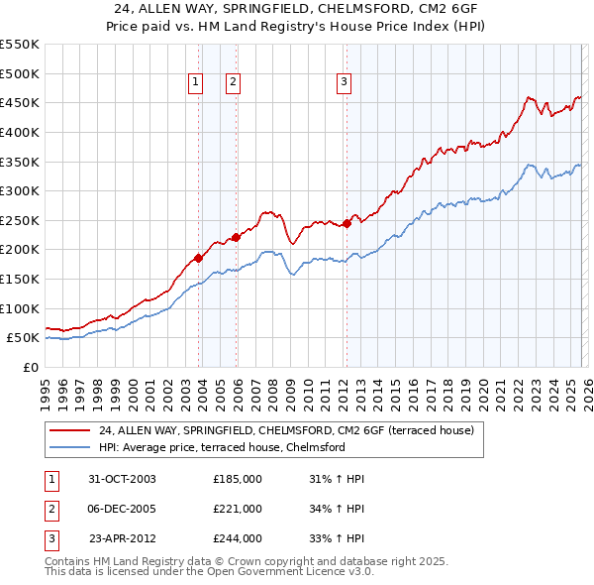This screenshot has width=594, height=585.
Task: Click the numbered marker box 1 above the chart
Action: coord(196,83)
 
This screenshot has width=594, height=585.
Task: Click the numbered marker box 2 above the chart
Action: coord(233,83)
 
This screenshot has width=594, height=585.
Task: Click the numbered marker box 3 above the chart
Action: coord(344,83)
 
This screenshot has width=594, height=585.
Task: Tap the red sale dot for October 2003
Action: coord(199,258)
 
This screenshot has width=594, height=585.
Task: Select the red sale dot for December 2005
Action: coord(236,237)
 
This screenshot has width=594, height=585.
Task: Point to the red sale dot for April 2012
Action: coord(346,223)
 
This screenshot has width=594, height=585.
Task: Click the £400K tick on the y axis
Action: coord(20,132)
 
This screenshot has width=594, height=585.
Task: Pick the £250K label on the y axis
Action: coord(20,220)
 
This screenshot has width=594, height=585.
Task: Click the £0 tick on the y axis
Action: coord(30,367)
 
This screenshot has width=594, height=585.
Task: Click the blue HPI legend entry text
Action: coord(221,447)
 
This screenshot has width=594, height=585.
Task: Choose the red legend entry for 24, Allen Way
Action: coord(286,430)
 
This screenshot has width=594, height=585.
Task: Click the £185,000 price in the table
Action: coord(238,479)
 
